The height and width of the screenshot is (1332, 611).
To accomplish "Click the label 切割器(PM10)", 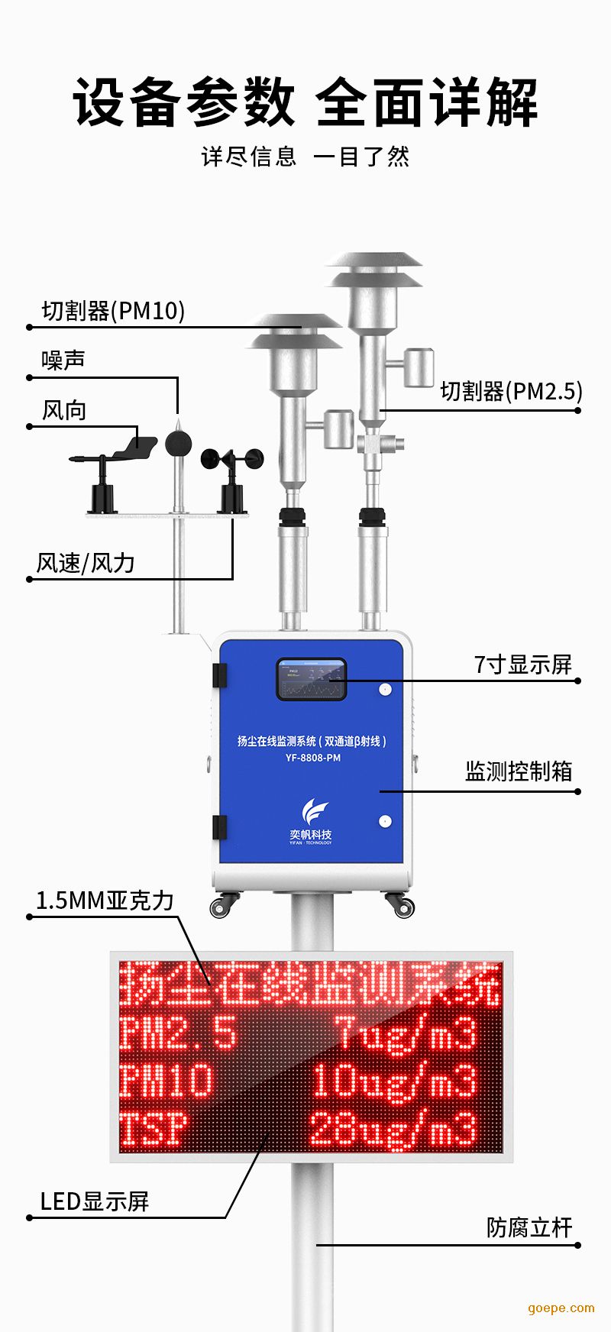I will (x=113, y=311).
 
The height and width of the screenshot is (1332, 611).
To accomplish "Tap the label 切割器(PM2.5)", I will (x=511, y=391).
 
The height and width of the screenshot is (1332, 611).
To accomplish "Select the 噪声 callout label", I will (x=63, y=360).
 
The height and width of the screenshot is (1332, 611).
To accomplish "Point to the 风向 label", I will (x=64, y=410).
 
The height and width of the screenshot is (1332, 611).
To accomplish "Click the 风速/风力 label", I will (x=86, y=563).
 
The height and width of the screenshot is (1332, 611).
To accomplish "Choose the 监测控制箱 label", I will (x=519, y=771).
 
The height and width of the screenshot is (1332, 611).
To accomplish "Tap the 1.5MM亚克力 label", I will (x=105, y=900).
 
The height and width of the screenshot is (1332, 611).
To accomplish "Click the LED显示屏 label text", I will (x=94, y=1201).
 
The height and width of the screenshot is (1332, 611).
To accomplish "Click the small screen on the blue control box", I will (x=311, y=679).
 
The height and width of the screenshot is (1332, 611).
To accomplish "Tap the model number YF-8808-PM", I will (x=312, y=758).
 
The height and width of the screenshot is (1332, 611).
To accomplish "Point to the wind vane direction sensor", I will (x=115, y=458).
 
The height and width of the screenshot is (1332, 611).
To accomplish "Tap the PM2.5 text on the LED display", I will (x=179, y=1033).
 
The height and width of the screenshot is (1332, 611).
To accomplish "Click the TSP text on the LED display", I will (x=154, y=1130).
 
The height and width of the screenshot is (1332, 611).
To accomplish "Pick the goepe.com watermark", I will (x=561, y=1308).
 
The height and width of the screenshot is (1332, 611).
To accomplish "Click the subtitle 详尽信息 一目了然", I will (x=305, y=157).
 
